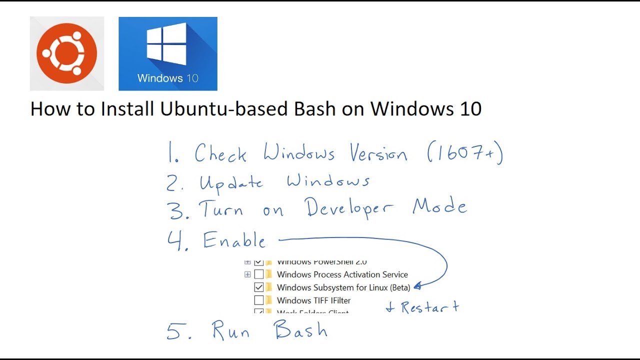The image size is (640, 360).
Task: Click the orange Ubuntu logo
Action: coord(66,53)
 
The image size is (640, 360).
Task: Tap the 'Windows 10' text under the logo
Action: coord(167,78)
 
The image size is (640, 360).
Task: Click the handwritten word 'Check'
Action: coord(220,153)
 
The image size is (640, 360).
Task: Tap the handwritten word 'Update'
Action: coord(231,183)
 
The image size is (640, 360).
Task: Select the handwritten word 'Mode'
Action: coord(439,206)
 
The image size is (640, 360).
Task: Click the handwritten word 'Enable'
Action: coord(234,241)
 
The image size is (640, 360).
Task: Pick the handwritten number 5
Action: coord(176,331)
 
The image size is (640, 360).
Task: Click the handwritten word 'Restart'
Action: coord(429,306)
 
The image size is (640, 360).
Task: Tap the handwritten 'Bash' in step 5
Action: coord(300,330)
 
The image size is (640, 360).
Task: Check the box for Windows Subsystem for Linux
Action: coord(258,287)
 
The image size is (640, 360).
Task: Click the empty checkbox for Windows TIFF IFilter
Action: coord(258,300)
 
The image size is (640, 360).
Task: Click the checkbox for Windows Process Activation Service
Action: coord(258,274)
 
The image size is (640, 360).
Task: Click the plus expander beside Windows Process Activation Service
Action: coord(247,274)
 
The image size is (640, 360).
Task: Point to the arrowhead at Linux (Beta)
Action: coord(417,286)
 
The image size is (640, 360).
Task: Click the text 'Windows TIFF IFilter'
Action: coord(313,300)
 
